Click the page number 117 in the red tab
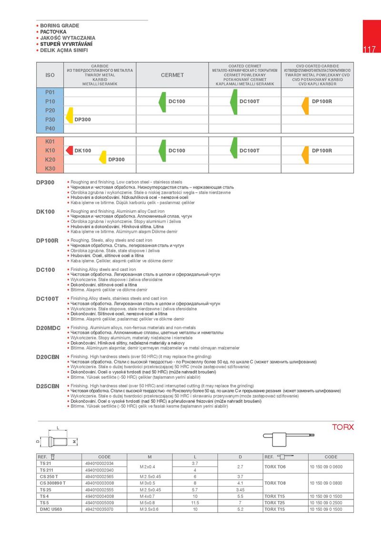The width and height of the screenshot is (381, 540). point(370,50)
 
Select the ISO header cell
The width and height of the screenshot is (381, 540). point(50,75)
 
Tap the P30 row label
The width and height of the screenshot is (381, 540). point(50,119)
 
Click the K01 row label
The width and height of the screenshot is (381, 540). point(50,142)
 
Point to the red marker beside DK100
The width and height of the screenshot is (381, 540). point(69,151)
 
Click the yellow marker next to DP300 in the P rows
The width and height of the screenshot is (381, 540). point(70,115)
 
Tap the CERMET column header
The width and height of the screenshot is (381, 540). point(172,75)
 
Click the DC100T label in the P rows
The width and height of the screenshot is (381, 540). point(249,102)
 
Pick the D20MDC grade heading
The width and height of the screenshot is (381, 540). point(48,328)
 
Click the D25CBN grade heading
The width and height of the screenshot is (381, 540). point(48,386)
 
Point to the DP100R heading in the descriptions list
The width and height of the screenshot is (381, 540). point(47,240)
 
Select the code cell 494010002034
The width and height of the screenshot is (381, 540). point(100,463)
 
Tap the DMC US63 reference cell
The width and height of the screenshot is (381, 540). point(51,509)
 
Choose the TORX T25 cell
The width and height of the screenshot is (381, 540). point(278,503)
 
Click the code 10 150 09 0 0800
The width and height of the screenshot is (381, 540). point(326,483)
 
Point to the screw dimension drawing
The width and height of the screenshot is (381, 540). point(58,438)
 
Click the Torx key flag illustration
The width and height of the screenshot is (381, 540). point(289,435)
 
